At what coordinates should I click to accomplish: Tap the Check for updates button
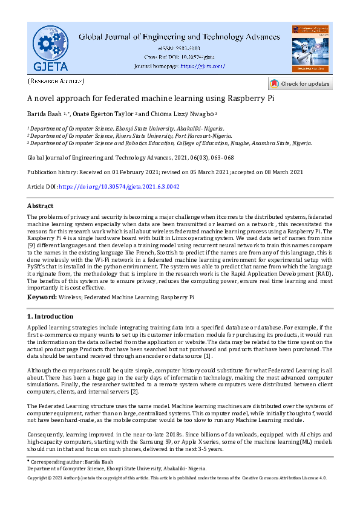(x=299, y=83)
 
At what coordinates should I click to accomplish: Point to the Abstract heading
(x=41, y=206)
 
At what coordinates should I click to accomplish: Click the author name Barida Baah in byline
(x=47, y=113)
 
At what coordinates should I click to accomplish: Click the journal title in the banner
(x=179, y=36)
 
